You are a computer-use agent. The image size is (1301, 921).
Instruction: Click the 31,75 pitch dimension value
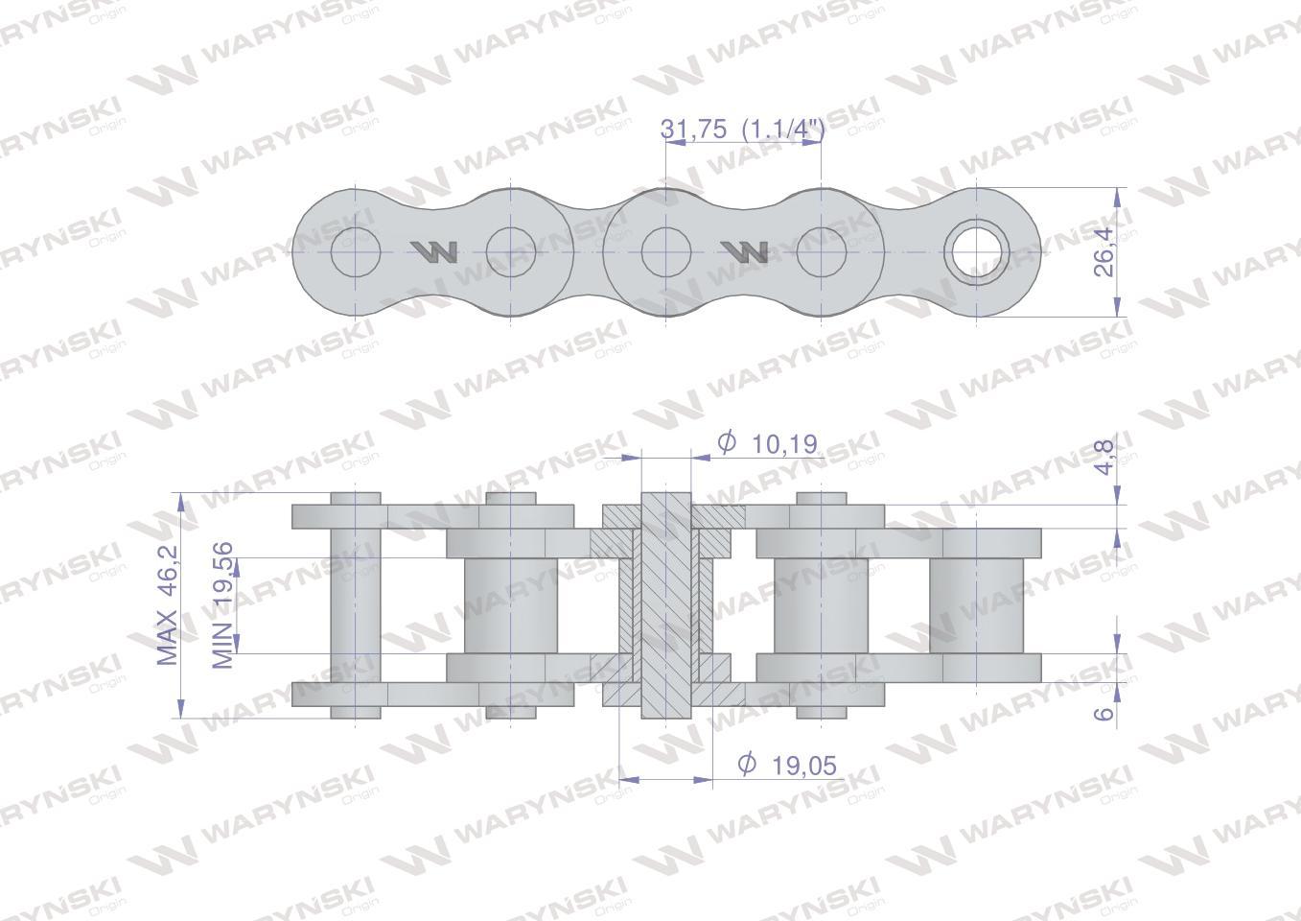(693, 129)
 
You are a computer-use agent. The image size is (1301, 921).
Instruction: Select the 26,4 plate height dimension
(1103, 251)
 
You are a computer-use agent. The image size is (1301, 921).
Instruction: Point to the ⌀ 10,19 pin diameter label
(767, 443)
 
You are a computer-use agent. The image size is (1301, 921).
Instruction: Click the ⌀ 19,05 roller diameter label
(787, 765)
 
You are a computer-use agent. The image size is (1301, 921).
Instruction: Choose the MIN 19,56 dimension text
(221, 605)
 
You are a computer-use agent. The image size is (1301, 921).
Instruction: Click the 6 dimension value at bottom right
(1104, 713)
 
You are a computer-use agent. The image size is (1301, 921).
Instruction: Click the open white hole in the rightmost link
(977, 252)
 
